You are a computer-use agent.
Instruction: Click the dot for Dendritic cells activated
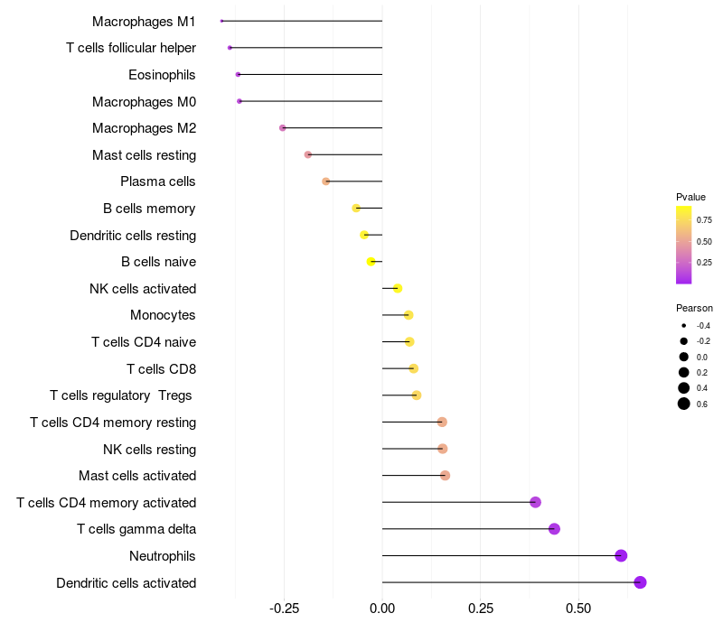[640, 582]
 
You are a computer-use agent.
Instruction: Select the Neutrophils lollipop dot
[621, 555]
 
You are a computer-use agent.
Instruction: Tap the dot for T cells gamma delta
[554, 529]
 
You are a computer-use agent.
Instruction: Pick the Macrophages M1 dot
[221, 21]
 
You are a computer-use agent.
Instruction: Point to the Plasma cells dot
[326, 181]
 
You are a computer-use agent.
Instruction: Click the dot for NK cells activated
[397, 288]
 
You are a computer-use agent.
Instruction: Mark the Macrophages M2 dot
[283, 128]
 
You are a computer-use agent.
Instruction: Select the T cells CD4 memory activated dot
[535, 502]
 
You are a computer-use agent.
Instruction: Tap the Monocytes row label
[163, 315]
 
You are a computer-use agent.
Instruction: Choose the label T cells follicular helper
[131, 47]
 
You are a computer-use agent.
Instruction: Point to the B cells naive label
[158, 262]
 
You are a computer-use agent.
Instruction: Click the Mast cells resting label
[144, 155]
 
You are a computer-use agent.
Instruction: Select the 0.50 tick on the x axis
[578, 609]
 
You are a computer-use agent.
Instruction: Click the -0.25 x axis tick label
[284, 609]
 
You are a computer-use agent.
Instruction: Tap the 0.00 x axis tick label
[382, 609]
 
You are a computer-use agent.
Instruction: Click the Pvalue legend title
[690, 197]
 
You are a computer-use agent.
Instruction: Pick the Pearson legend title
[694, 308]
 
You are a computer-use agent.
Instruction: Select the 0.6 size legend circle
[684, 404]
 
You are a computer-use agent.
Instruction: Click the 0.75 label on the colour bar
[704, 219]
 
